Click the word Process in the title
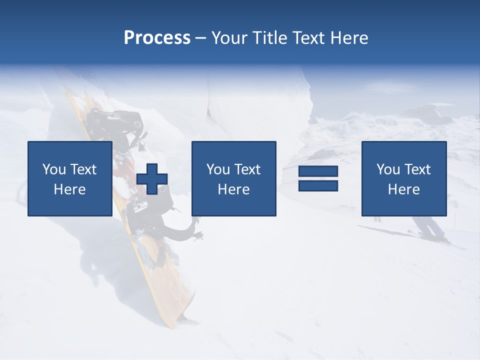tap(157, 38)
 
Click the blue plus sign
tap(152, 178)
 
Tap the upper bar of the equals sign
tap(318, 171)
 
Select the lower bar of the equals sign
tap(318, 185)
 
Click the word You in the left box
tap(54, 169)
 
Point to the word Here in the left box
tap(69, 189)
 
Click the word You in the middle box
tap(218, 169)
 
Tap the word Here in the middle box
tap(233, 189)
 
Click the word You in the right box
tap(388, 169)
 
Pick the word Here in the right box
tap(403, 189)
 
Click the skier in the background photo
tap(430, 228)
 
